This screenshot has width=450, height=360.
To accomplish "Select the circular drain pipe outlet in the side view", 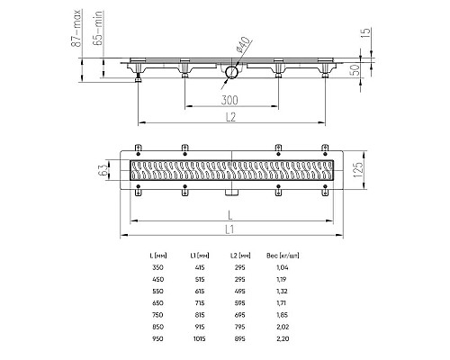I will [231, 72].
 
